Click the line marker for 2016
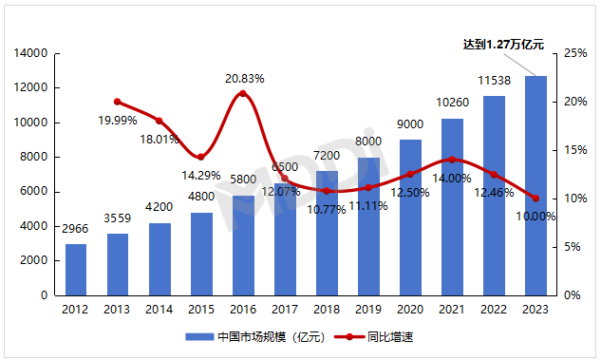pyautogui.click(x=243, y=93)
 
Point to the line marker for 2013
pyautogui.click(x=118, y=102)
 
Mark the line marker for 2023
pyautogui.click(x=535, y=199)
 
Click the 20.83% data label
pyautogui.click(x=244, y=78)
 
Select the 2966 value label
pyautogui.click(x=76, y=229)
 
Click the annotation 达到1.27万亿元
pyautogui.click(x=503, y=44)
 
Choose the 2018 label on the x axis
pyautogui.click(x=327, y=309)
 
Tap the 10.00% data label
pyautogui.click(x=536, y=217)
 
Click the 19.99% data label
pyautogui.click(x=118, y=121)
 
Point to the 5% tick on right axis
pyautogui.click(x=571, y=247)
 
